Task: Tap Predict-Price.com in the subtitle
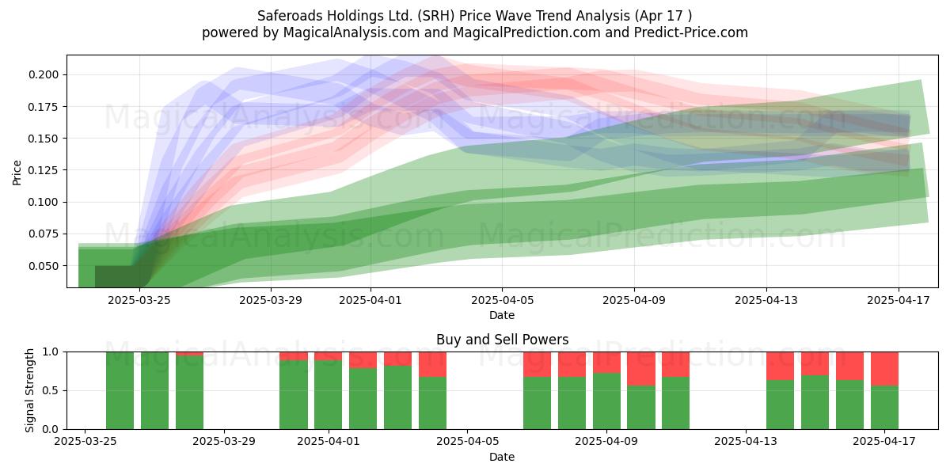[691, 32]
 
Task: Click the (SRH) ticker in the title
[436, 16]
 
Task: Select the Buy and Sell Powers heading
[502, 340]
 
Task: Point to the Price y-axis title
[17, 173]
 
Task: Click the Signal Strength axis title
[29, 390]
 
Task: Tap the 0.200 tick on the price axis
[44, 74]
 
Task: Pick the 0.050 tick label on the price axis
[44, 266]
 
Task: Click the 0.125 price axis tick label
[44, 170]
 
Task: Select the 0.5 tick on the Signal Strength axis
[51, 390]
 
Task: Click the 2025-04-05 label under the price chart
[502, 300]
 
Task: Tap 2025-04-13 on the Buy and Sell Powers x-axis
[746, 442]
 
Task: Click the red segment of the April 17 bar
[885, 369]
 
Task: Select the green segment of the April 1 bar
[329, 394]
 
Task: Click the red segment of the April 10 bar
[641, 369]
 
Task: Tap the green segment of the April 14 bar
[781, 405]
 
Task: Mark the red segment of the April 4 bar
[432, 364]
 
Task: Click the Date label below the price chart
[502, 315]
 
